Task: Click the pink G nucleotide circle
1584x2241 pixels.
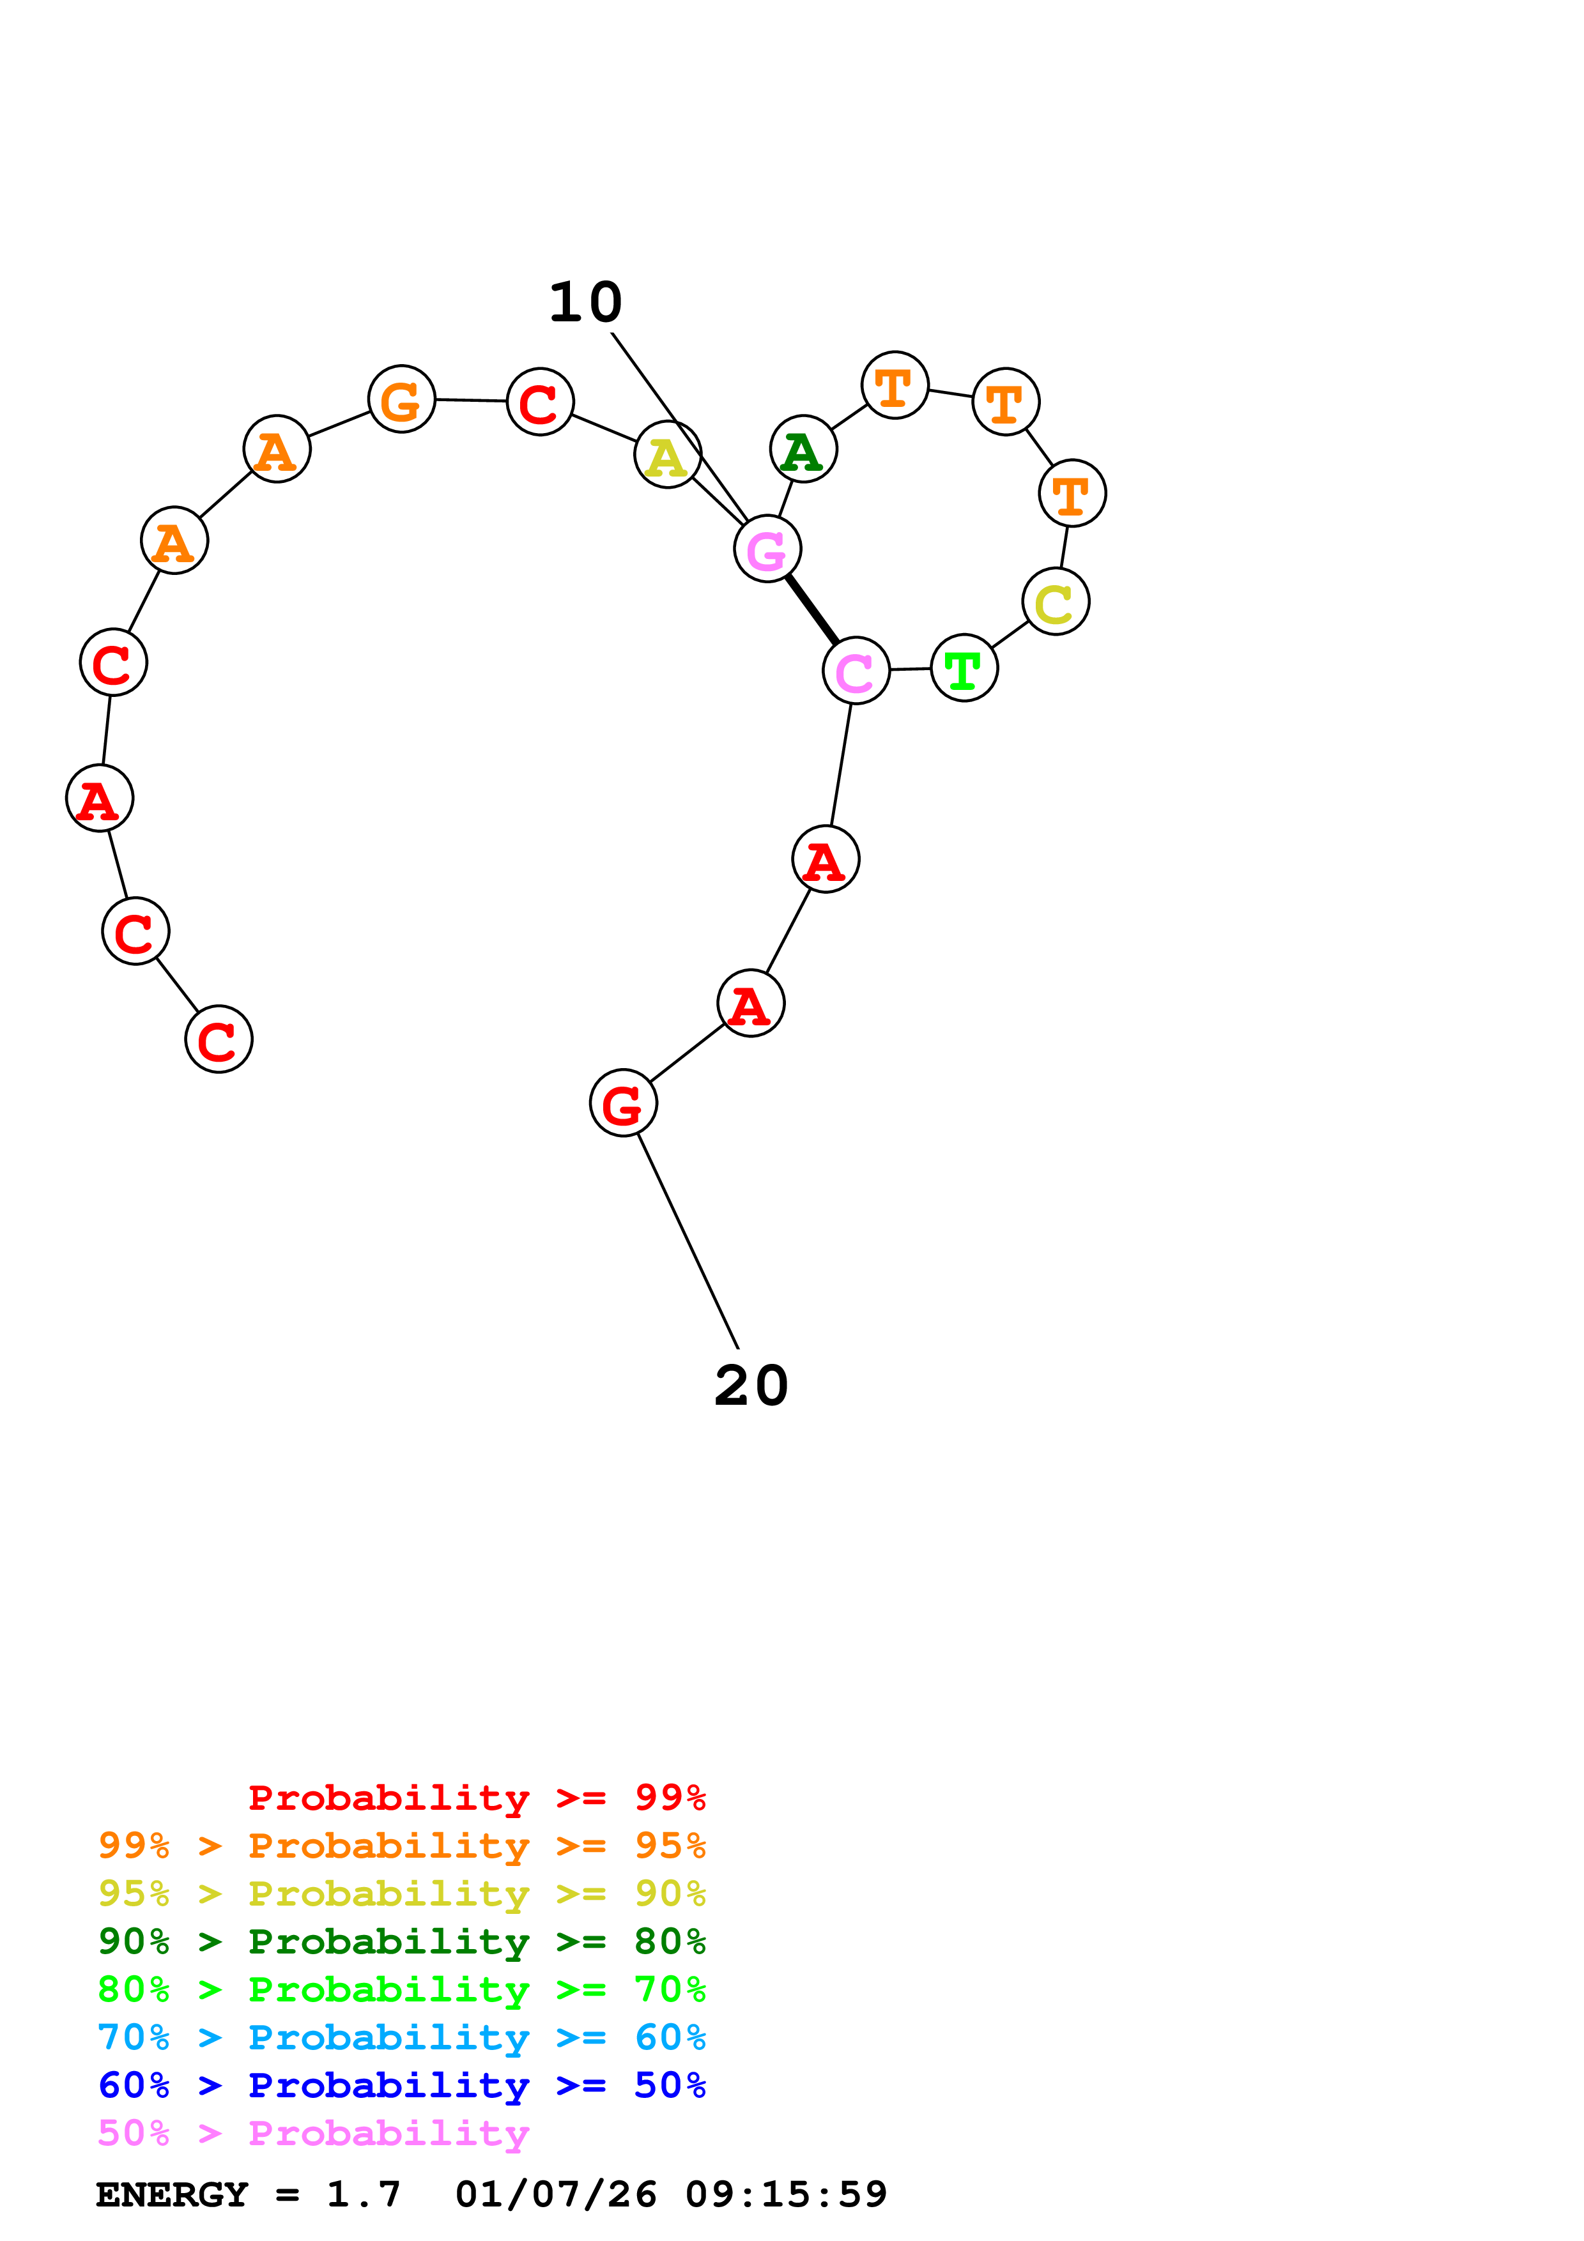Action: [x=767, y=549]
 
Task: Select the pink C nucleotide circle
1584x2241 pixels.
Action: [x=856, y=671]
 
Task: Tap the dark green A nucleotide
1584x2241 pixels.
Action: [x=803, y=449]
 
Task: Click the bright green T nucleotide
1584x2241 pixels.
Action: [x=964, y=669]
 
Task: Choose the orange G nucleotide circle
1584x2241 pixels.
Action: [x=401, y=399]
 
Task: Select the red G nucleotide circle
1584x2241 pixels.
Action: [x=622, y=1103]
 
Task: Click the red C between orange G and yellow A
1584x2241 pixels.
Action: [x=541, y=401]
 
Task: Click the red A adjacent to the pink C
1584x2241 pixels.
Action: [x=826, y=859]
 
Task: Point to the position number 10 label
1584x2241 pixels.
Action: [x=585, y=303]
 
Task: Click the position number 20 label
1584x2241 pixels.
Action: [x=751, y=1386]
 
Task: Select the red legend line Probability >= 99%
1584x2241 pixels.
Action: [x=476, y=1798]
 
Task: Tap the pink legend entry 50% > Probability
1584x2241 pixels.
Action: [x=313, y=2134]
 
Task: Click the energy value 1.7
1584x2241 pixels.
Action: [x=363, y=2195]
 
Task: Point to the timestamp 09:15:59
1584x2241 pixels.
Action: [x=786, y=2195]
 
